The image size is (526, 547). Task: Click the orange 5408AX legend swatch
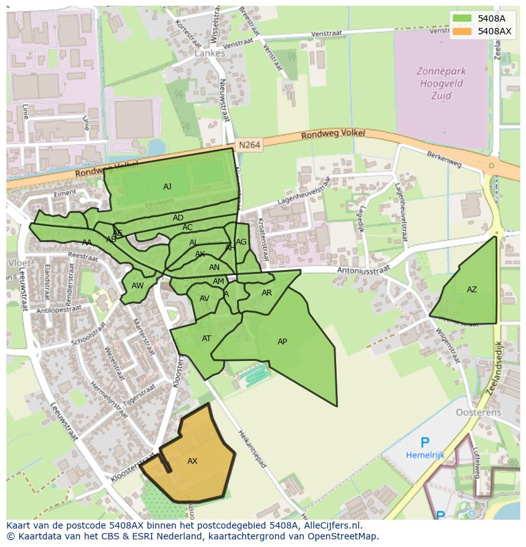pyautogui.click(x=462, y=31)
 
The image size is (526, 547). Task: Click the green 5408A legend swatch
pyautogui.click(x=462, y=18)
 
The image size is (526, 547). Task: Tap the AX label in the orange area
pyautogui.click(x=192, y=461)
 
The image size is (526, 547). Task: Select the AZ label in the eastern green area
pyautogui.click(x=471, y=290)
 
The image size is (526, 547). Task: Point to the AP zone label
pyautogui.click(x=282, y=342)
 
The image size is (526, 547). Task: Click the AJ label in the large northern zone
pyautogui.click(x=167, y=187)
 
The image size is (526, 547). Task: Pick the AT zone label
pyautogui.click(x=206, y=339)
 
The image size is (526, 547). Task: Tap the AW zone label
pyautogui.click(x=137, y=286)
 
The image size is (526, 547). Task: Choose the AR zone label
pyautogui.click(x=267, y=293)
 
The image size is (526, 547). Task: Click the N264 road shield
pyautogui.click(x=250, y=145)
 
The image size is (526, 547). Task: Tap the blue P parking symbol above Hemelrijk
pyautogui.click(x=425, y=443)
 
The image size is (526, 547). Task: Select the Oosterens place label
pyautogui.click(x=478, y=412)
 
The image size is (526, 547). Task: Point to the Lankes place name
pyautogui.click(x=210, y=53)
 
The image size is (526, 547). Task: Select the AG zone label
pyautogui.click(x=241, y=242)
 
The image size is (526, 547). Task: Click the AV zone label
pyautogui.click(x=204, y=299)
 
